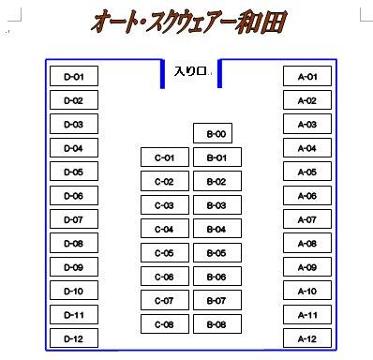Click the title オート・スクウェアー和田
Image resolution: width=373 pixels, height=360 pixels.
click(188, 22)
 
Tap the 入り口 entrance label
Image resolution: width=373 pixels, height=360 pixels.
click(191, 71)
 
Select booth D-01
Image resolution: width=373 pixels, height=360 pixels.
click(73, 77)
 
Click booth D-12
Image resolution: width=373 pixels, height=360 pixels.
click(73, 338)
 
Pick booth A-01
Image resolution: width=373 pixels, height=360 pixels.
click(306, 77)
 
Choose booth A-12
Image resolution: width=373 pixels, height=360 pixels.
click(306, 338)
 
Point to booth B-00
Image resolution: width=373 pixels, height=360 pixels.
click(216, 134)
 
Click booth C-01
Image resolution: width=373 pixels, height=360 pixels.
click(164, 157)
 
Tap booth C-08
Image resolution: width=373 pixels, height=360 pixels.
click(164, 324)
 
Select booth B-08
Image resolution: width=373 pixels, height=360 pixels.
click(216, 324)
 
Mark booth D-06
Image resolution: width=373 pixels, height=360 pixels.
click(73, 196)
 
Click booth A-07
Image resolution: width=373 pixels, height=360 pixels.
click(306, 219)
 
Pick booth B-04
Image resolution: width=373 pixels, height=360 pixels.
click(216, 229)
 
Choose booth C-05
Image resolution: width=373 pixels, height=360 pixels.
click(164, 253)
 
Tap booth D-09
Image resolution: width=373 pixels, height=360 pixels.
click(73, 267)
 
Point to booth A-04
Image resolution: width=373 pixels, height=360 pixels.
click(306, 148)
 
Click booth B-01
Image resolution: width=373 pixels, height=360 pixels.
click(216, 157)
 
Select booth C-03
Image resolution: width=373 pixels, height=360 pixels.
click(164, 205)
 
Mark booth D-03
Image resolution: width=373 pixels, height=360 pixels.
click(73, 125)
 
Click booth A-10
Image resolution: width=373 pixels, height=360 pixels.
click(306, 291)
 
